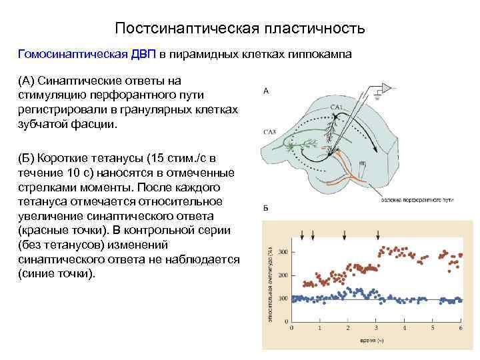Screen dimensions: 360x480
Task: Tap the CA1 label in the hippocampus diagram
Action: [336, 107]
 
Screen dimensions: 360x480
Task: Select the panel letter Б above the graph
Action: [266, 209]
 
